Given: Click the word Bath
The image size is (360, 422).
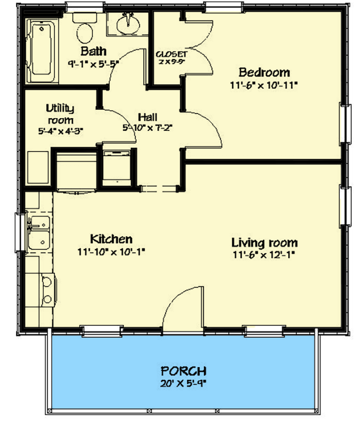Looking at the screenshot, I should pyautogui.click(x=93, y=52).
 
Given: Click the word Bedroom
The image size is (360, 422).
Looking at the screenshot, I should pyautogui.click(x=264, y=72).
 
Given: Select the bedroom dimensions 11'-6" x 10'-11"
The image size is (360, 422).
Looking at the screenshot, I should pyautogui.click(x=264, y=84).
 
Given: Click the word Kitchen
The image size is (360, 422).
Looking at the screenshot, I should pyautogui.click(x=111, y=239).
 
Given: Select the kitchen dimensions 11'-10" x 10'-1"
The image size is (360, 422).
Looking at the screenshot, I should pyautogui.click(x=111, y=252).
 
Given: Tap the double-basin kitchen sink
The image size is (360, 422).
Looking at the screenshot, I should pyautogui.click(x=38, y=233).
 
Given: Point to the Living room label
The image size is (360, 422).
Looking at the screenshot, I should pyautogui.click(x=265, y=243).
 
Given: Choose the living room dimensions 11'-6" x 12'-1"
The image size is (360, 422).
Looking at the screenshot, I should pyautogui.click(x=265, y=256).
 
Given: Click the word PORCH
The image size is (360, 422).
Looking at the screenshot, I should pyautogui.click(x=184, y=370).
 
